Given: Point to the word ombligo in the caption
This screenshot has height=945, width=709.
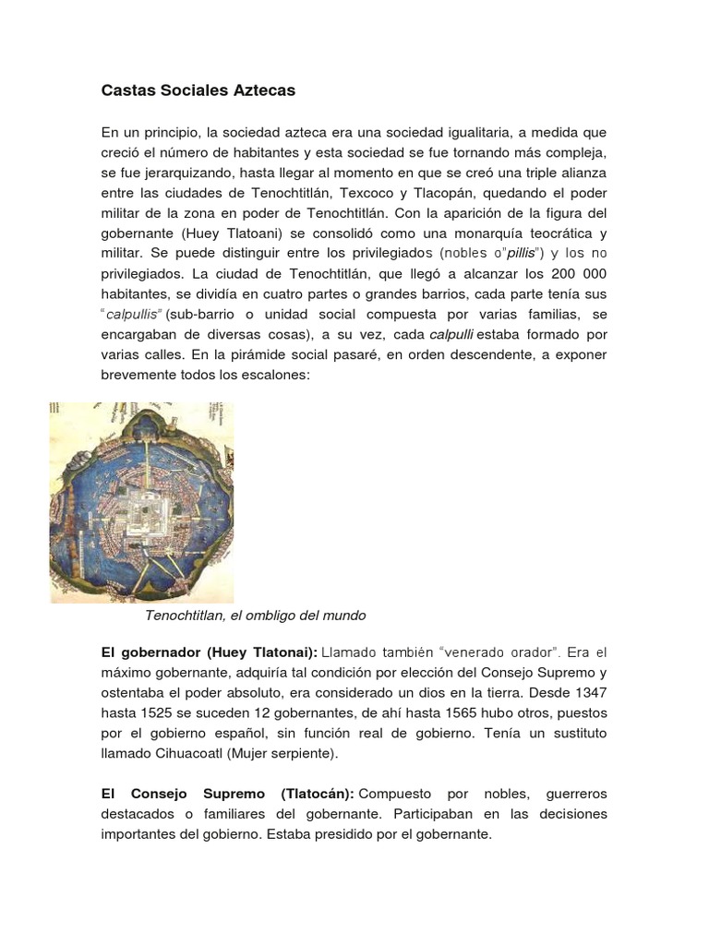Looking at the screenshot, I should click(273, 615).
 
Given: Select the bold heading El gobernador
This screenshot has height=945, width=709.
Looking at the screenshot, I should click(146, 652).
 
